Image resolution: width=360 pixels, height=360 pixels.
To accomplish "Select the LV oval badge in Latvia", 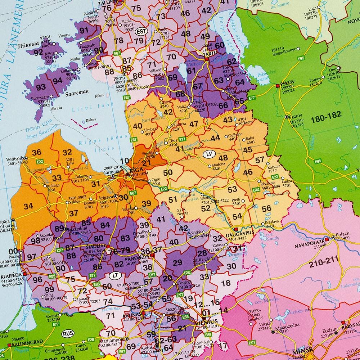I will (209, 154).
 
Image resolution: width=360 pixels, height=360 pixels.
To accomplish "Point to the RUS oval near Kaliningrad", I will (67, 333).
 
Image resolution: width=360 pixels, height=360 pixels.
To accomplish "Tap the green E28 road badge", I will (91, 339).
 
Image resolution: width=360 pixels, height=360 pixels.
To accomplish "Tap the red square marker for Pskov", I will (277, 86).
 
